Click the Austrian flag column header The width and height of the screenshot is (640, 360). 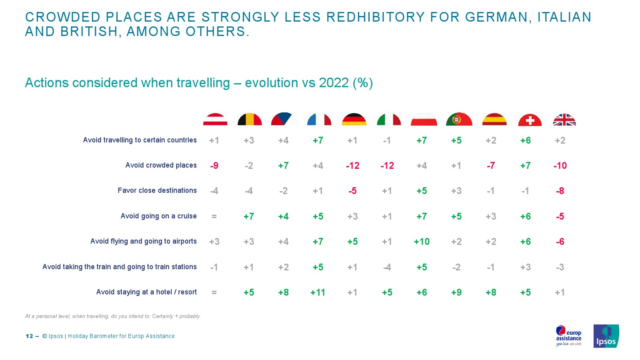tap(215, 119)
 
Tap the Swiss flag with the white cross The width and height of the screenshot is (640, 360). tap(530, 120)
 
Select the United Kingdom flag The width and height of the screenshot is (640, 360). tap(564, 120)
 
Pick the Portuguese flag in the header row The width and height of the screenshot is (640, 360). tap(459, 119)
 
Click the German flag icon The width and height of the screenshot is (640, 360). tap(354, 119)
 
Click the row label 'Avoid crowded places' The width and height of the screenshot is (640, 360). tap(161, 165)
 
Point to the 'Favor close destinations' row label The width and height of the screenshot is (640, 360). tap(157, 190)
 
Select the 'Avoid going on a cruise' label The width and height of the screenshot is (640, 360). tap(158, 216)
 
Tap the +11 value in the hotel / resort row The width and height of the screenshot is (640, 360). tap(318, 292)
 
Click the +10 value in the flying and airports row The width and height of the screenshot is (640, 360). tap(422, 242)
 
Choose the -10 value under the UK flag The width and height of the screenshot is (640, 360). tap(560, 166)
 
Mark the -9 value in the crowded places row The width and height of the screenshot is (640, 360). tap(214, 166)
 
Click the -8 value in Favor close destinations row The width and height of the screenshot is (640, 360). tap(560, 191)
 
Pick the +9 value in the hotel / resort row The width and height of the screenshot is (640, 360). tap(456, 292)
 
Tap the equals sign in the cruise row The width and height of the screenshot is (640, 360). tap(214, 216)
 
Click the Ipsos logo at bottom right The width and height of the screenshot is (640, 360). tap(606, 336)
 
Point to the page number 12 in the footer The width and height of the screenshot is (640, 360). tap(29, 336)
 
